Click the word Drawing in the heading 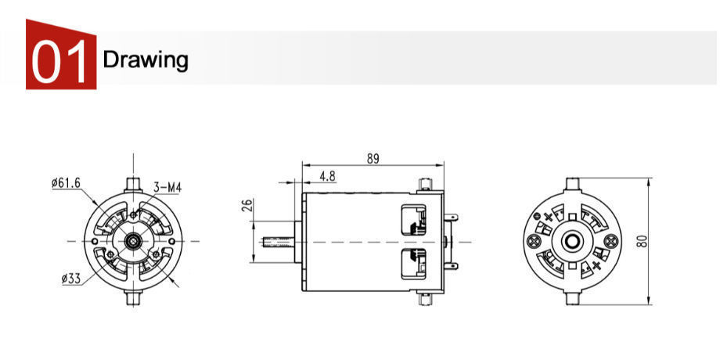click(x=146, y=59)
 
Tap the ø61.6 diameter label click(x=66, y=183)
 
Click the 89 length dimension click(x=373, y=158)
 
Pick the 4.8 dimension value click(x=327, y=177)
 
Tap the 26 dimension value click(x=248, y=207)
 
